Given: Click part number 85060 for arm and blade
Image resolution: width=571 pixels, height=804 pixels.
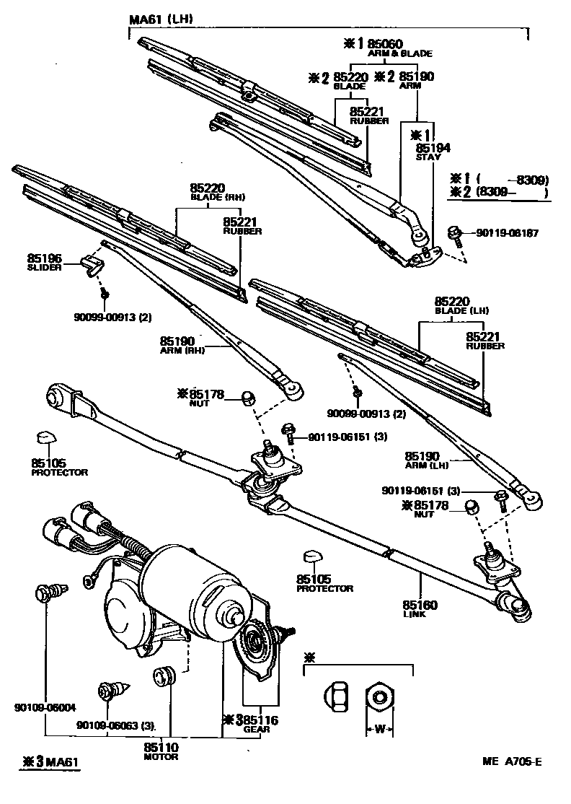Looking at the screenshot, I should point(386,43).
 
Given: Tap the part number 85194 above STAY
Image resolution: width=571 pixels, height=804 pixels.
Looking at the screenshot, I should point(433,147).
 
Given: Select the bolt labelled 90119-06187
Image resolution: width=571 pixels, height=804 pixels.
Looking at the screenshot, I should point(454,233).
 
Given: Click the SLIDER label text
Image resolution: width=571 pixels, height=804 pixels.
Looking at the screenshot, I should point(45,266).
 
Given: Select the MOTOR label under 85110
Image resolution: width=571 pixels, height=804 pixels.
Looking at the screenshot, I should point(160,757).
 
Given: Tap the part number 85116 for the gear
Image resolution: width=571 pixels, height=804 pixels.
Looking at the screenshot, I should point(260,720).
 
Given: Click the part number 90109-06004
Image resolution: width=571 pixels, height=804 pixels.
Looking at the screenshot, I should point(45,707).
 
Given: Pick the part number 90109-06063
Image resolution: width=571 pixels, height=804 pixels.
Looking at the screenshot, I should point(107,725).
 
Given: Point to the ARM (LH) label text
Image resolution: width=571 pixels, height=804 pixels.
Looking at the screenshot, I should point(427,466).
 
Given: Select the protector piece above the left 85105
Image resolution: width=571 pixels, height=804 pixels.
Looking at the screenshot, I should point(46,439).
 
